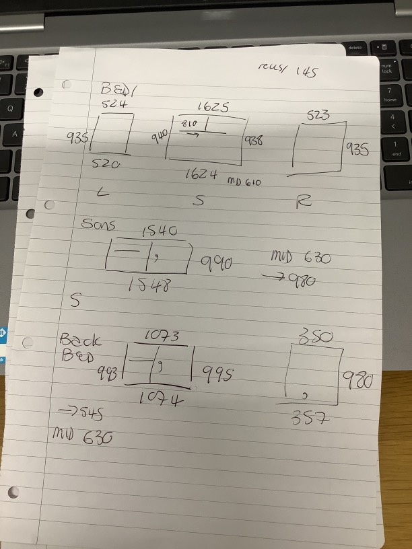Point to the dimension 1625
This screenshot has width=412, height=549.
pyautogui.click(x=213, y=107)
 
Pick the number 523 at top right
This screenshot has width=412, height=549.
pyautogui.click(x=318, y=115)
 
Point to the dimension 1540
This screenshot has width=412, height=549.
pyautogui.click(x=159, y=231)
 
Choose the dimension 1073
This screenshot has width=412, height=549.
pyautogui.click(x=162, y=336)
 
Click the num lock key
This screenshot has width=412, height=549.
pyautogui.click(x=386, y=69)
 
